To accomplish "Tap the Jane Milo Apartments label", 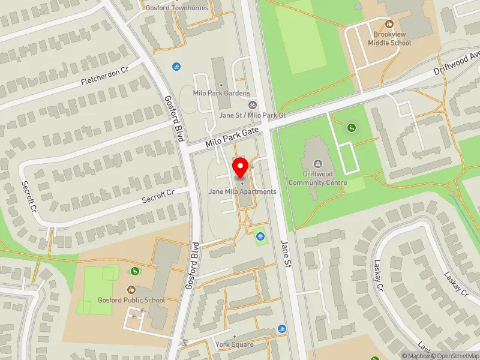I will point(242,191).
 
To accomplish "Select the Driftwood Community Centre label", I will point(317,178).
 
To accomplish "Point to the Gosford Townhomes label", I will point(177,8).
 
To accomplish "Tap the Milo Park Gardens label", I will point(221,94).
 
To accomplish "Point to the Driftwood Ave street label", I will point(458,62).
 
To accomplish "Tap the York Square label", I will point(235,344).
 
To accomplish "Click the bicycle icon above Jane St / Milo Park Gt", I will point(253,105).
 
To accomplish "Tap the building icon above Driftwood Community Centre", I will point(317,163).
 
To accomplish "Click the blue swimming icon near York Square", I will point(282,329).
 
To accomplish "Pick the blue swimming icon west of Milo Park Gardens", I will point(176,66).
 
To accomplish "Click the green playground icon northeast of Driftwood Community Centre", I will point(351,127).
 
